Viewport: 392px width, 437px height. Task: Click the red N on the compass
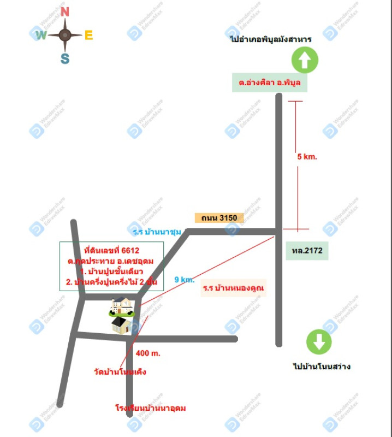(65, 11)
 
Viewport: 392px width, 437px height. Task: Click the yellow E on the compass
(88, 36)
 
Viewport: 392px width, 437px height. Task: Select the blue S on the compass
(65, 59)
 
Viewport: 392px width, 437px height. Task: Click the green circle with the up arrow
(305, 60)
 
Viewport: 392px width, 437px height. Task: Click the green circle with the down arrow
(319, 342)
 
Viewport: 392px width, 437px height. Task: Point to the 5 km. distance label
(307, 156)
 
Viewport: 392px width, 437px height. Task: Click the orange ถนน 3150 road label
(218, 217)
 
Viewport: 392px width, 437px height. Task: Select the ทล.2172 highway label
(307, 251)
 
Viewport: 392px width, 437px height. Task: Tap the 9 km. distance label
(185, 280)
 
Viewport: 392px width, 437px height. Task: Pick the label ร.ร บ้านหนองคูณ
(234, 288)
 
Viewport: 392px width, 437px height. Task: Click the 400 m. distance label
(148, 353)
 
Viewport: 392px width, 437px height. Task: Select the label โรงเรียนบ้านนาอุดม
(147, 408)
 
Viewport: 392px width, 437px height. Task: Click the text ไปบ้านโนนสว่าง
(322, 367)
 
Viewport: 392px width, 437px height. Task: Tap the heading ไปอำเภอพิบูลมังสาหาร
(271, 39)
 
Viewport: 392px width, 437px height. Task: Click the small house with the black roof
(121, 325)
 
